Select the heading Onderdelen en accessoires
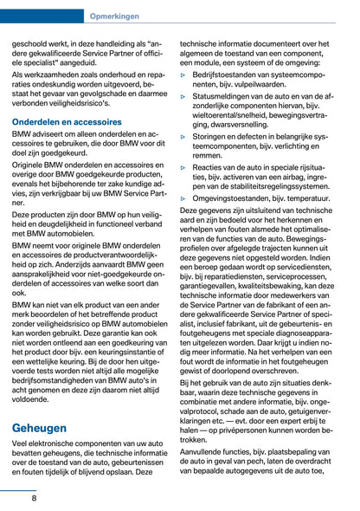tap(67, 123)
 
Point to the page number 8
tap(34, 498)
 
